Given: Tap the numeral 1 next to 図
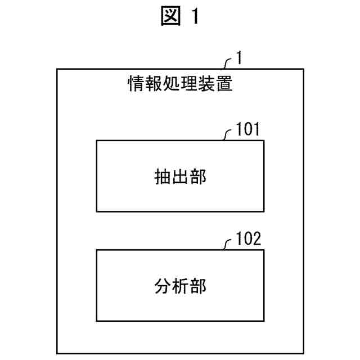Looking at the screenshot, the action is pos(194,19).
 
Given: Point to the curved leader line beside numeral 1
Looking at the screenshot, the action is pos(228,62).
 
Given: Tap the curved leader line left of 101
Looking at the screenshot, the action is pos(228,135).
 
